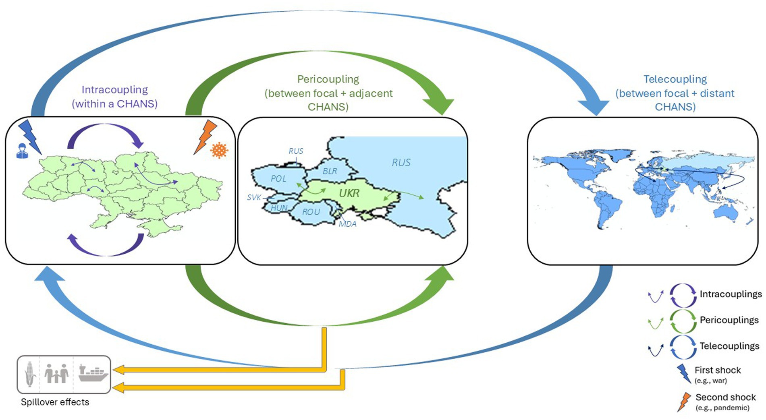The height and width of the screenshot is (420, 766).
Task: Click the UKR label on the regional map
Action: [x=349, y=193]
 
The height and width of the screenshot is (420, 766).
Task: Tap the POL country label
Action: [x=278, y=178]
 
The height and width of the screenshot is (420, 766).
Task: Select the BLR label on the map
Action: [x=330, y=171]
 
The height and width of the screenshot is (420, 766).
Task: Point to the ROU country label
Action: [x=311, y=212]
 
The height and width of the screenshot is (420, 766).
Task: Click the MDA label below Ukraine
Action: [x=347, y=224]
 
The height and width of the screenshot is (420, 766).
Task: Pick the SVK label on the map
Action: [x=254, y=197]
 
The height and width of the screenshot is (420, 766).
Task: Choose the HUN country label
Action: [x=279, y=208]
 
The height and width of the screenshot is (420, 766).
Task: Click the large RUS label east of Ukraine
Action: [x=401, y=163]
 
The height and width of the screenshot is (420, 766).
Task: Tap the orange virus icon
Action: [x=219, y=150]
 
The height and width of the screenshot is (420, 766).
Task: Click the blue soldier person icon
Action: [x=22, y=151]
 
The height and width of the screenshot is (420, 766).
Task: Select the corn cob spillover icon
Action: [x=30, y=374]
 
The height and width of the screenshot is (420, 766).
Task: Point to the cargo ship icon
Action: [x=93, y=373]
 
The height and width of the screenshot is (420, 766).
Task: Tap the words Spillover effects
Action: [x=55, y=402]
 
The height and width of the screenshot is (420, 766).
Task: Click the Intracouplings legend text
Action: [x=731, y=294]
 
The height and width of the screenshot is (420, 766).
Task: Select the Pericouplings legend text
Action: [x=729, y=320]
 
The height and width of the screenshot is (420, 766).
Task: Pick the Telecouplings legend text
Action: [x=729, y=346]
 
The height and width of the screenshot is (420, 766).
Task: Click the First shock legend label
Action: [x=718, y=370]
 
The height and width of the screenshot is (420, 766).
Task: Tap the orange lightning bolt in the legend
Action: [x=684, y=402]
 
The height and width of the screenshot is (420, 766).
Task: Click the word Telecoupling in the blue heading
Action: [x=675, y=79]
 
